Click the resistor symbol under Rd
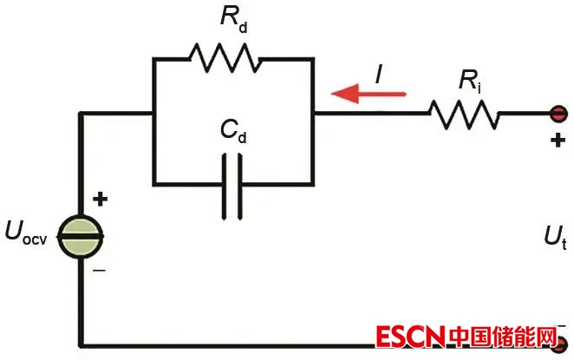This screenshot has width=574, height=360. [225, 60]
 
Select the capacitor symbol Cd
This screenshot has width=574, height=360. [232, 183]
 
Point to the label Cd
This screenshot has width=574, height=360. [233, 131]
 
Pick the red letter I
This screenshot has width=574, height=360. [379, 75]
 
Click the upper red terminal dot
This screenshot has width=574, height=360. [559, 113]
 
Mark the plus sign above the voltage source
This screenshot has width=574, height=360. [101, 200]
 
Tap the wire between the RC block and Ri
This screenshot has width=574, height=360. [373, 113]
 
